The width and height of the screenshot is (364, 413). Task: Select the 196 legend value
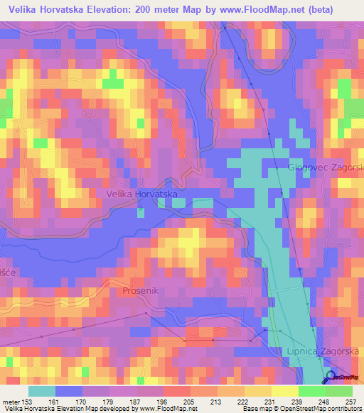pos(161,401)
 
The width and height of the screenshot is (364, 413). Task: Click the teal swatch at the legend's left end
pos(42,391)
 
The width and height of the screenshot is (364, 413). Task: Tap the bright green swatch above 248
pos(311,391)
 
